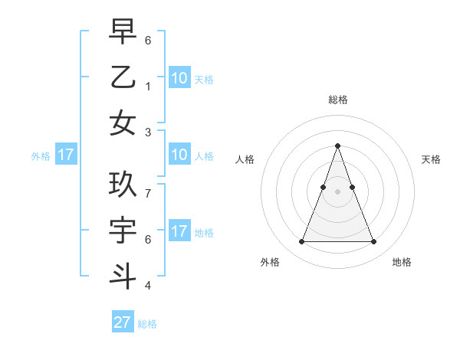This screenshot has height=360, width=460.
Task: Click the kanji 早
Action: [123, 32]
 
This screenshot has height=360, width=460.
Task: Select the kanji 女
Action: [123, 123]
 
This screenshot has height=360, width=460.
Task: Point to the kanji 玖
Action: [123, 185]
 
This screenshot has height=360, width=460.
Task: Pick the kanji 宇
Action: [123, 231]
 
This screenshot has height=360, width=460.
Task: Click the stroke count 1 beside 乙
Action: [148, 87]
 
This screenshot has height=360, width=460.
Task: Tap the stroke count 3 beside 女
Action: [148, 132]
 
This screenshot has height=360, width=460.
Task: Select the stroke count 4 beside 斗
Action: [148, 286]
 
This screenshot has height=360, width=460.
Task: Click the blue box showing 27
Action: [122, 322]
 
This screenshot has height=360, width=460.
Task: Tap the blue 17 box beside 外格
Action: [65, 155]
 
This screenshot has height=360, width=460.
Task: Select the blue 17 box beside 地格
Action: [179, 231]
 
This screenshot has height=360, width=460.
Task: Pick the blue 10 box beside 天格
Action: [179, 77]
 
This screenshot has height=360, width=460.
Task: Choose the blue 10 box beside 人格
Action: [179, 155]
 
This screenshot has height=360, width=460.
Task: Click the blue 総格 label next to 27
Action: [147, 324]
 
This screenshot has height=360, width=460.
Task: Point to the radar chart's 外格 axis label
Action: [270, 263]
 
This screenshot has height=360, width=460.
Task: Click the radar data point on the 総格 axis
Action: [337, 146]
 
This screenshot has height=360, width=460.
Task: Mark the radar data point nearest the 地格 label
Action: [373, 242]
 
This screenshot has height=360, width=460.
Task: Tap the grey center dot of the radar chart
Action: [337, 191]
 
